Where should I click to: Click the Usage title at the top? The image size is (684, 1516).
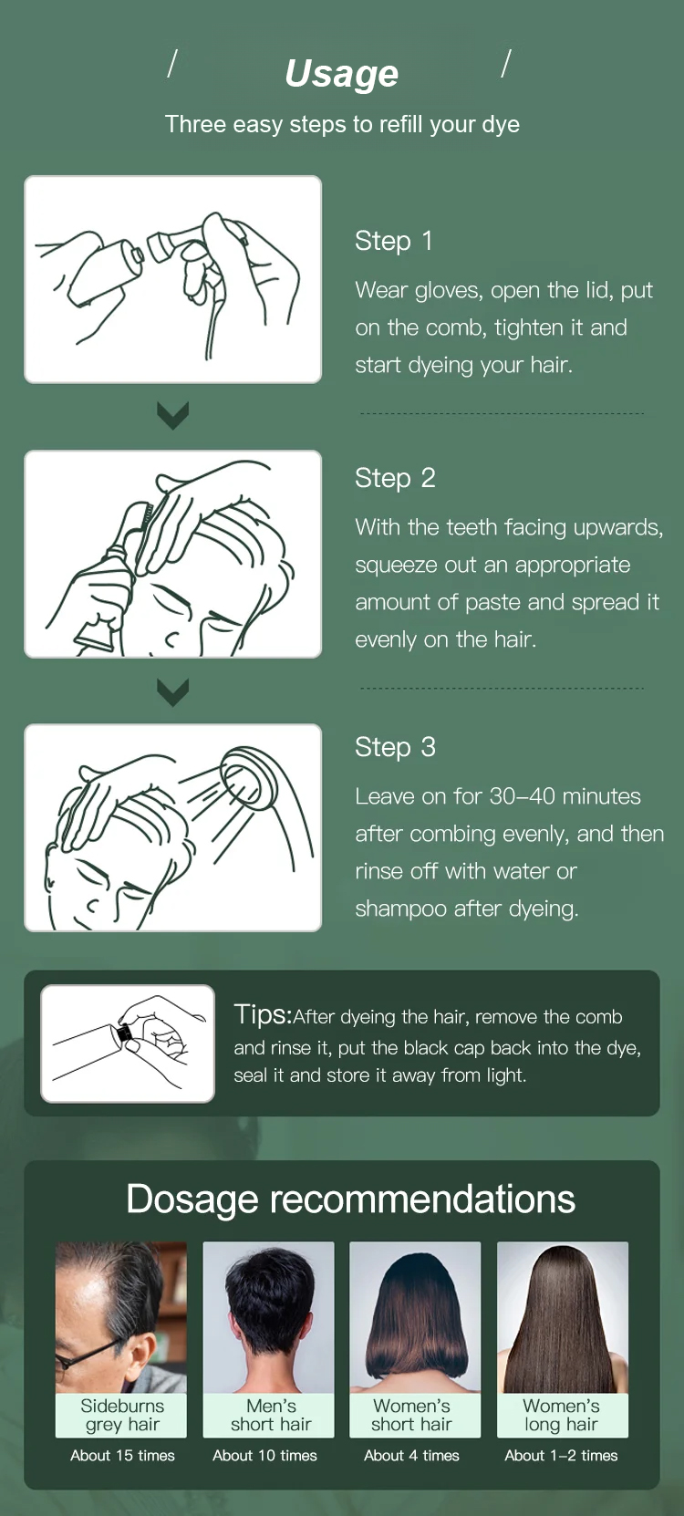(342, 74)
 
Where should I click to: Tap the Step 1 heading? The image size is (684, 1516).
(394, 241)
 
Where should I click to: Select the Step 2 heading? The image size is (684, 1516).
(395, 478)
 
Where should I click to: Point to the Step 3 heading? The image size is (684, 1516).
(395, 747)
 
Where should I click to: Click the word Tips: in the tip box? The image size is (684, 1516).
(263, 1015)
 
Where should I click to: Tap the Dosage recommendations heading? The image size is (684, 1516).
(350, 1199)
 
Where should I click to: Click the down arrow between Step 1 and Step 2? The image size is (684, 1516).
(172, 416)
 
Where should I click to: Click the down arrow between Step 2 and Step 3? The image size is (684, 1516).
(172, 691)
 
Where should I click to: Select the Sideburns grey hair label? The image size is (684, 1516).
(122, 1415)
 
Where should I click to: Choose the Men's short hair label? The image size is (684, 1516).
(271, 1415)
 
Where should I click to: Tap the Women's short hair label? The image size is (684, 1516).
(411, 1415)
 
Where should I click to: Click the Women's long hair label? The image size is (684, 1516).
(561, 1415)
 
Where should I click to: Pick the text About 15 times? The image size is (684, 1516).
(122, 1456)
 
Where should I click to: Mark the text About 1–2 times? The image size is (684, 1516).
(561, 1456)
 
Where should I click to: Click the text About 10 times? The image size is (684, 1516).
(264, 1456)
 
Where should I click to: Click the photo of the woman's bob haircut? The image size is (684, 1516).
(415, 1316)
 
